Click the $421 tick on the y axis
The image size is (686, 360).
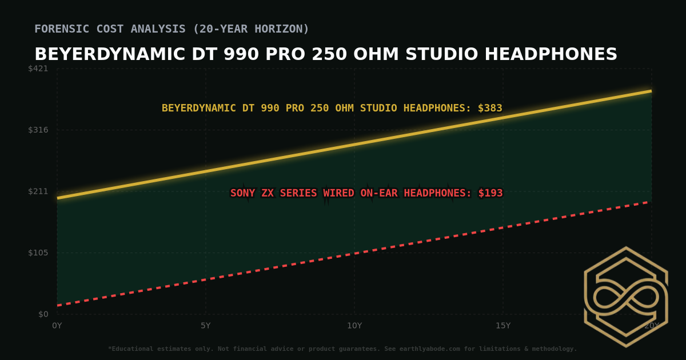pyautogui.click(x=38, y=69)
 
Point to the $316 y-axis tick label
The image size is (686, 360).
pyautogui.click(x=38, y=130)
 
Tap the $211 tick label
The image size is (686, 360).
pyautogui.click(x=38, y=191)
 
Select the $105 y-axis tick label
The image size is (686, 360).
pyautogui.click(x=38, y=253)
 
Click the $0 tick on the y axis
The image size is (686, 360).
pyautogui.click(x=43, y=314)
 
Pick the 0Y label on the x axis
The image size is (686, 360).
pyautogui.click(x=57, y=326)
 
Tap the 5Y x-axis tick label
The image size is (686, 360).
pyautogui.click(x=206, y=326)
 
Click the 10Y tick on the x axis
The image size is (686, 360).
pyautogui.click(x=354, y=326)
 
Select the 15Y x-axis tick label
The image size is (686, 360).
pyautogui.click(x=503, y=326)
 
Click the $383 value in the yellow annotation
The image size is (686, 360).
pyautogui.click(x=490, y=108)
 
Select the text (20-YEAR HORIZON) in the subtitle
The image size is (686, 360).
pyautogui.click(x=252, y=29)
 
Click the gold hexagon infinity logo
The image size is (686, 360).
pyautogui.click(x=625, y=297)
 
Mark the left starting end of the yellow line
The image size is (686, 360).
pyautogui.click(x=58, y=198)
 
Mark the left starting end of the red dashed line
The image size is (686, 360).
pyautogui.click(x=58, y=305)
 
